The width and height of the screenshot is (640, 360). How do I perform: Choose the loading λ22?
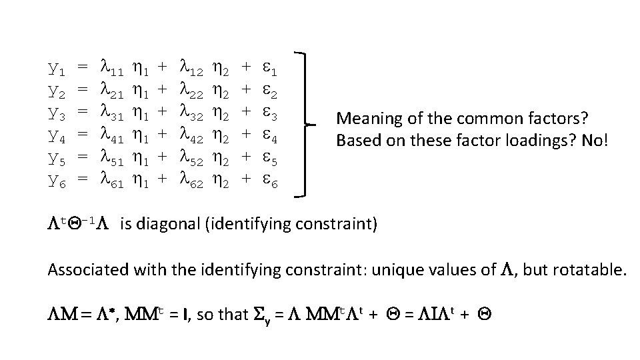pyautogui.click(x=193, y=90)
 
